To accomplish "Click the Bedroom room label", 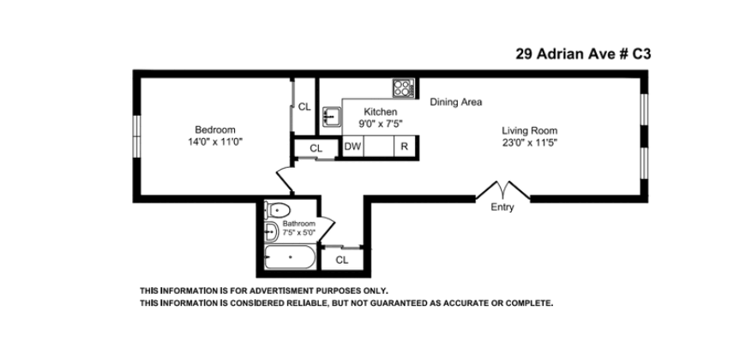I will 214,129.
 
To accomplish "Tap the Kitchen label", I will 380,112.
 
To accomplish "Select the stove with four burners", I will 403,87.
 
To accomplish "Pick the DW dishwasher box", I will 352,147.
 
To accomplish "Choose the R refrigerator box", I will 403,147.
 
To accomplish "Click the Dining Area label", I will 455,102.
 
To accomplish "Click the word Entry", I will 502,207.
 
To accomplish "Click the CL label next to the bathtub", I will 342,259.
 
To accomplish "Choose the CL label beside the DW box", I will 316,147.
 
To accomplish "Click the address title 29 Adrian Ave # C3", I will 583,53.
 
